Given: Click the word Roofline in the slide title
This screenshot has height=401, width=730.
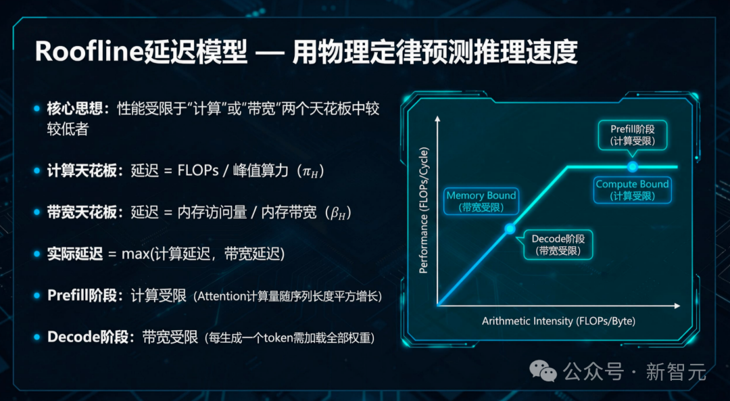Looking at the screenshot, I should (88, 52).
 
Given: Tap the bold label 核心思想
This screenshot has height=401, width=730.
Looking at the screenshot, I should (74, 109).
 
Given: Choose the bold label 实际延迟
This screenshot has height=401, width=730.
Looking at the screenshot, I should (74, 254).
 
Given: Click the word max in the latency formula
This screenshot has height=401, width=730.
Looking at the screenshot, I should (135, 254).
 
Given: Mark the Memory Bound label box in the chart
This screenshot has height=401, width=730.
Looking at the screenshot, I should (481, 201).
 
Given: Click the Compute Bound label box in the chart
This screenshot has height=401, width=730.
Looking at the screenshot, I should (632, 189).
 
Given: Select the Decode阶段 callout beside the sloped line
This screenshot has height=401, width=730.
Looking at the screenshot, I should (558, 244).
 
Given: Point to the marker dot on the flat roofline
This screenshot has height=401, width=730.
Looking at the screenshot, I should (632, 166).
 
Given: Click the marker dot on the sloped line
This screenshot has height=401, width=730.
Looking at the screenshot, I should (510, 229).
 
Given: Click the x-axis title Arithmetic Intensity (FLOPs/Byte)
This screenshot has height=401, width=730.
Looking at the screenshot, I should (558, 321).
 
